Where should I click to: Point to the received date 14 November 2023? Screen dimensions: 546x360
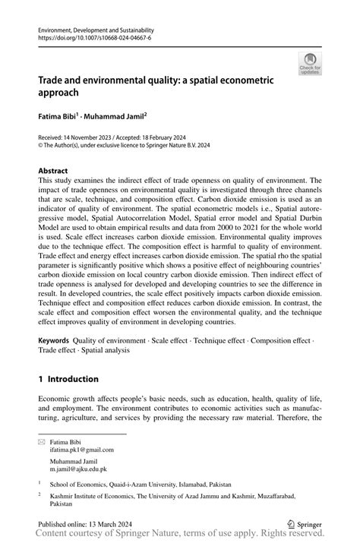pos(87,137)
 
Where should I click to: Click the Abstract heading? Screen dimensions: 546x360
pos(53,171)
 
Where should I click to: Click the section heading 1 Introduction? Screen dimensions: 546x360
pos(68,378)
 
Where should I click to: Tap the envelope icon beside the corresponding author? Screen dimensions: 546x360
pos(43,441)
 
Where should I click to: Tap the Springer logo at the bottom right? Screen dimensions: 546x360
pos(305,523)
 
